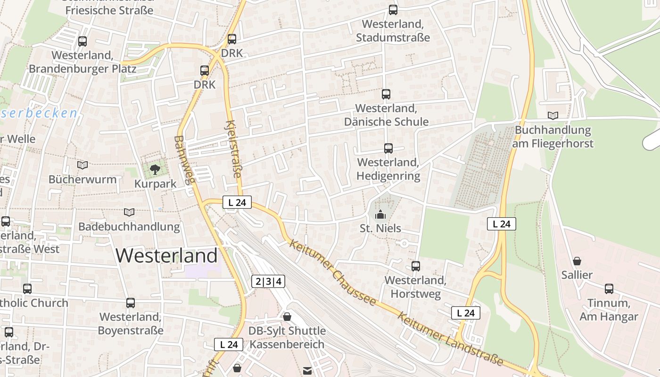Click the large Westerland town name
[166, 255]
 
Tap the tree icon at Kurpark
[155, 170]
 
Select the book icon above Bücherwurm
[82, 165]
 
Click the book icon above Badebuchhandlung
[129, 212]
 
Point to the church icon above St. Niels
[380, 214]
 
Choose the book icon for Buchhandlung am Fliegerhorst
[553, 115]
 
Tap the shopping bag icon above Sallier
[577, 261]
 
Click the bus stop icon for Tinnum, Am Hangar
[609, 288]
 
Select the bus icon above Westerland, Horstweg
[415, 266]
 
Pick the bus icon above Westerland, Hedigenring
[388, 148]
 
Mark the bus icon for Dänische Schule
[386, 94]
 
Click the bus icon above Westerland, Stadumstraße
[393, 9]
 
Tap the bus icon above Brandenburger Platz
[82, 41]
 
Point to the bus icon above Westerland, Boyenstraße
[131, 303]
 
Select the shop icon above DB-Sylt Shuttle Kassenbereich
[287, 317]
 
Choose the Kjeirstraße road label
[233, 149]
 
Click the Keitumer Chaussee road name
[333, 272]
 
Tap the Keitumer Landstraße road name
[450, 339]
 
